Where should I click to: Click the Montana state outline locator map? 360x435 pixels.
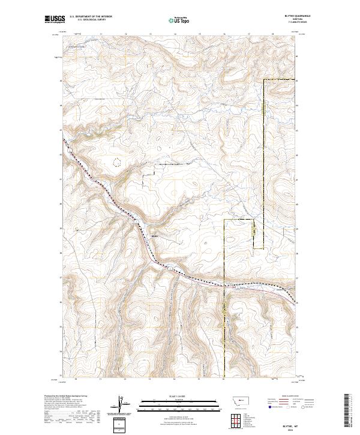tap(233, 401)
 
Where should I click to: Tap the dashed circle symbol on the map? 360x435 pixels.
tap(116, 161)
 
